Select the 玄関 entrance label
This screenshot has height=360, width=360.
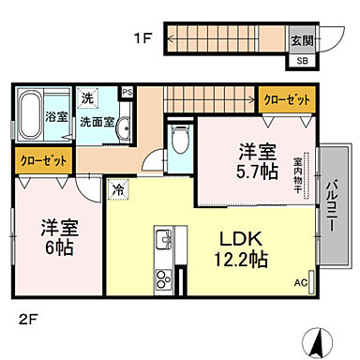[x=302, y=40]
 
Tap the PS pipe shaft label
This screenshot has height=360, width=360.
[x=127, y=92]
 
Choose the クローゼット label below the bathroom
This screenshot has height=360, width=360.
[x=43, y=160]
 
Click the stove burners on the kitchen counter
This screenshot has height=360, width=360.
[x=162, y=278]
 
